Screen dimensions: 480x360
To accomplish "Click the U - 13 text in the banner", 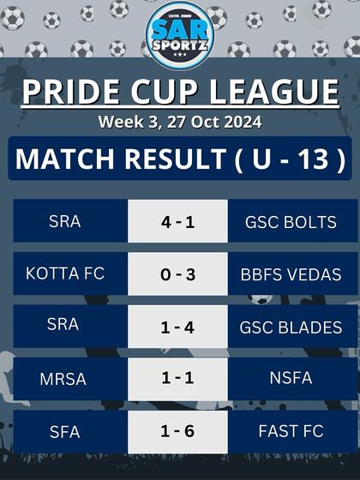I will (291, 160).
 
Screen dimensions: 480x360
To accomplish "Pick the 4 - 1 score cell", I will (178, 221).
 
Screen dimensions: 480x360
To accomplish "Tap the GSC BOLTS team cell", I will (291, 221).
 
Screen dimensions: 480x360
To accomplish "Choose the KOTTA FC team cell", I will (65, 273).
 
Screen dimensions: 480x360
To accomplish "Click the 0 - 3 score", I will (178, 273).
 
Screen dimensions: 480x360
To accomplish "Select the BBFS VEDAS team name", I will (291, 274).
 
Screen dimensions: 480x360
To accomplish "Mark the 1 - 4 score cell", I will (178, 326).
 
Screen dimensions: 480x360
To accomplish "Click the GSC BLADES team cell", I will (291, 326).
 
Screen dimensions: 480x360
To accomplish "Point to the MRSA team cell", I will (65, 378).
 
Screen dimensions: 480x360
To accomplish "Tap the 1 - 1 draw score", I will (178, 378).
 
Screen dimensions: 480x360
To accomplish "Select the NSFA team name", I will (291, 378).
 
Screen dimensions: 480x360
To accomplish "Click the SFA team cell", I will (65, 430).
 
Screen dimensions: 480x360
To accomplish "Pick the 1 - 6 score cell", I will (178, 430).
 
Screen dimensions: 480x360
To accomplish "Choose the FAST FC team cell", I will (291, 430).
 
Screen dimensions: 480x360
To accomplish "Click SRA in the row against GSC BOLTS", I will (65, 221).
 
